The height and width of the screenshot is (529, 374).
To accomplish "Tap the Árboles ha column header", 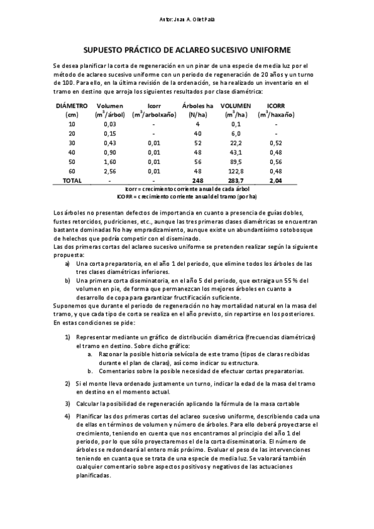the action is point(197,106).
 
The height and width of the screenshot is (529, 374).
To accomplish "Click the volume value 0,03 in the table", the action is point(109,124).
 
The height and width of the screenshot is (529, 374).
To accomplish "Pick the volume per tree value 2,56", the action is point(109,171).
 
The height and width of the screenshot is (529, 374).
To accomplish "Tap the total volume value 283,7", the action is point(236,180).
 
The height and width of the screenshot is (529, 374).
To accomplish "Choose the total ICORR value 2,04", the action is point(275,180).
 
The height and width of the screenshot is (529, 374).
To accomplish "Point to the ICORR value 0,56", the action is point(275,162).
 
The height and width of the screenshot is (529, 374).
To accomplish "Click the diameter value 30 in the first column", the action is point(71,143).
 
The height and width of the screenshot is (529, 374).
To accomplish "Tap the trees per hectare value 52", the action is point(197,143).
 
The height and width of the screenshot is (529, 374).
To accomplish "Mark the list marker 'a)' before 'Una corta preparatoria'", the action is point(67,264).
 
